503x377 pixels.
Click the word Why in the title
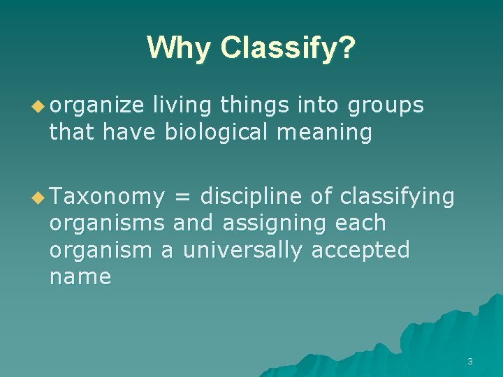179,48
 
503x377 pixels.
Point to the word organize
96,105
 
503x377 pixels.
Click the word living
182,105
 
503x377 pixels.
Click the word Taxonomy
106,198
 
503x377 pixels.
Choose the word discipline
251,197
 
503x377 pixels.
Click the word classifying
397,198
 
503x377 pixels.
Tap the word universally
243,250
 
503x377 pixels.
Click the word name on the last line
80,277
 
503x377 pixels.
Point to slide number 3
470,361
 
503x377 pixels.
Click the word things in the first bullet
255,105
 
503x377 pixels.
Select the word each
360,223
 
